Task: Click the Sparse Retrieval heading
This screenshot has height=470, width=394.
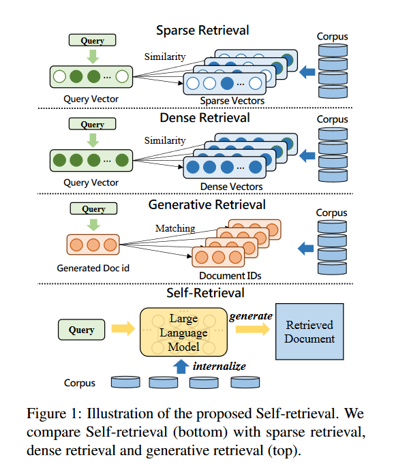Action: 202,31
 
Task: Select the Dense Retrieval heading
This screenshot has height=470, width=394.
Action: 202,118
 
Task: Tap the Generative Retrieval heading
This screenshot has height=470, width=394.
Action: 202,204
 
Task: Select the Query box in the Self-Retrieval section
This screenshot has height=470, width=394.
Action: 81,330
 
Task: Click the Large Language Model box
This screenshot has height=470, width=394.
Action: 183,332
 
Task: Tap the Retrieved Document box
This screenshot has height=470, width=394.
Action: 310,332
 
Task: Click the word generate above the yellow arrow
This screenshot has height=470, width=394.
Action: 250,316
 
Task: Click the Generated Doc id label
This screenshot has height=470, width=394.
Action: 93,268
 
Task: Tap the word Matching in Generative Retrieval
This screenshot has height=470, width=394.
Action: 175,229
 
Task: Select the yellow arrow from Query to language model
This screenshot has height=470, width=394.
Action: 123,330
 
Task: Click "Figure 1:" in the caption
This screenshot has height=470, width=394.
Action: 50,413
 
